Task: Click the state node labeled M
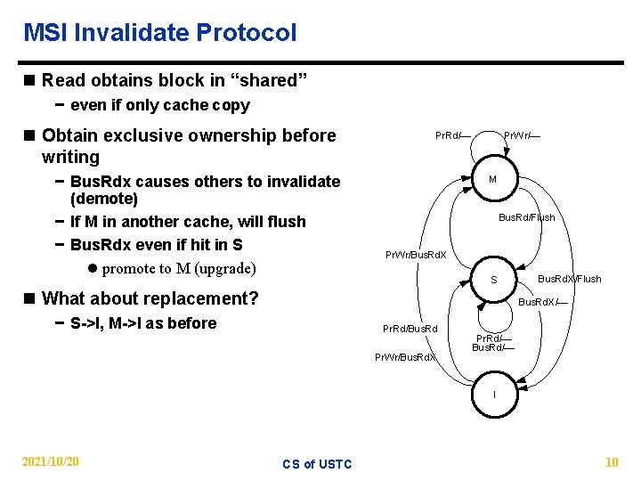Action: pyautogui.click(x=492, y=178)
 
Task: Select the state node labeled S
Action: pyautogui.click(x=494, y=281)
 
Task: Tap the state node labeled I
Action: pyautogui.click(x=494, y=395)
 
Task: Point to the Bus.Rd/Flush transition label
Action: pyautogui.click(x=526, y=217)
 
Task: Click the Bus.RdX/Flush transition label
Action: pyautogui.click(x=570, y=279)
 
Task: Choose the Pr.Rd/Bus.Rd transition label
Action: pyautogui.click(x=410, y=330)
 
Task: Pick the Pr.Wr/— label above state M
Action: pyautogui.click(x=523, y=136)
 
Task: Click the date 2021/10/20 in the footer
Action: pyautogui.click(x=49, y=461)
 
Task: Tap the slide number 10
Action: pyautogui.click(x=611, y=461)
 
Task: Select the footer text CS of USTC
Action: pyautogui.click(x=317, y=463)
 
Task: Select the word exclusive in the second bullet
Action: pyautogui.click(x=149, y=135)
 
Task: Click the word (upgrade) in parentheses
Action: pyautogui.click(x=225, y=268)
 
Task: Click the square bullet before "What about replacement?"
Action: pyautogui.click(x=30, y=298)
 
